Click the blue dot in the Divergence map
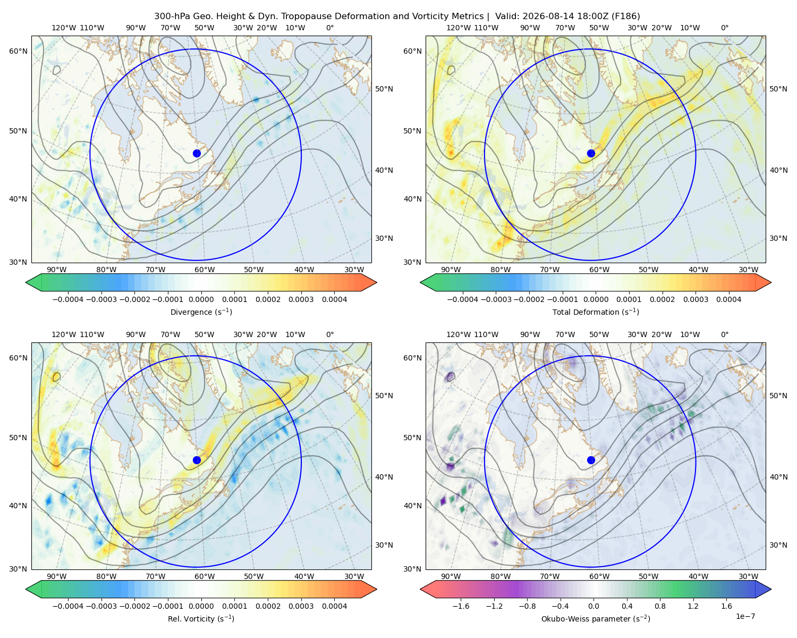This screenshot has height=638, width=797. pos(197,154)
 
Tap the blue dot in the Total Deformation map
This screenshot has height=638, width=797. pos(591,154)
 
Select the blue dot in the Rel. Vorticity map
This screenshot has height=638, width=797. pos(197,460)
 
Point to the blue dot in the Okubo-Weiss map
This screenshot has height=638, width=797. pos(591,460)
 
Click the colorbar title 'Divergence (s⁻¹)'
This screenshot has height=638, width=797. pos(201,312)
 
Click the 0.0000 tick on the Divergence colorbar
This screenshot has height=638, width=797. pos(201,299)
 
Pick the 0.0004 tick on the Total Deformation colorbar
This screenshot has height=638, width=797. pos(728,299)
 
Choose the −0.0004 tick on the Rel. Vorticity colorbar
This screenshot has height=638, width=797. pos(68,606)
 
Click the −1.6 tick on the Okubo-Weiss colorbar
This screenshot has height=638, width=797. pos(461,606)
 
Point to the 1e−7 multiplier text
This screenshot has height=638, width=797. pos(745,616)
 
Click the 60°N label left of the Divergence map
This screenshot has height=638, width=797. pos(18,51)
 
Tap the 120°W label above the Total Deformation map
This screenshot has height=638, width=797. pos(458,28)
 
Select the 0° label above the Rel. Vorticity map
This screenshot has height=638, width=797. pos(330,334)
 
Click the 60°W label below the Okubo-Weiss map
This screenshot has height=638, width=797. pos(599,576)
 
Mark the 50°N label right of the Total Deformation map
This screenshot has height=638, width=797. pos(778,89)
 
